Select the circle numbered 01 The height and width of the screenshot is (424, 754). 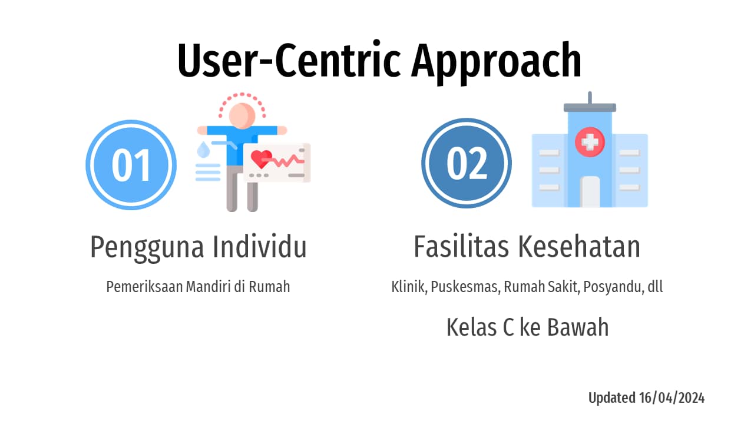(x=131, y=165)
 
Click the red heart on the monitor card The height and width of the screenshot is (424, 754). (x=261, y=158)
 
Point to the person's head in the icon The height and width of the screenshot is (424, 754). (x=242, y=115)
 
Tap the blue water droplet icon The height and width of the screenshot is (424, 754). (x=203, y=149)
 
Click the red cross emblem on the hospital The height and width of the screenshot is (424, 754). (x=590, y=141)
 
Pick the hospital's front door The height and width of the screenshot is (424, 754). (x=590, y=192)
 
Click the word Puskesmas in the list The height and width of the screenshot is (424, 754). (x=465, y=288)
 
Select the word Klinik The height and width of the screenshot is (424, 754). (x=409, y=287)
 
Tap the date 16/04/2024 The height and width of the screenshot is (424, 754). (x=671, y=398)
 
